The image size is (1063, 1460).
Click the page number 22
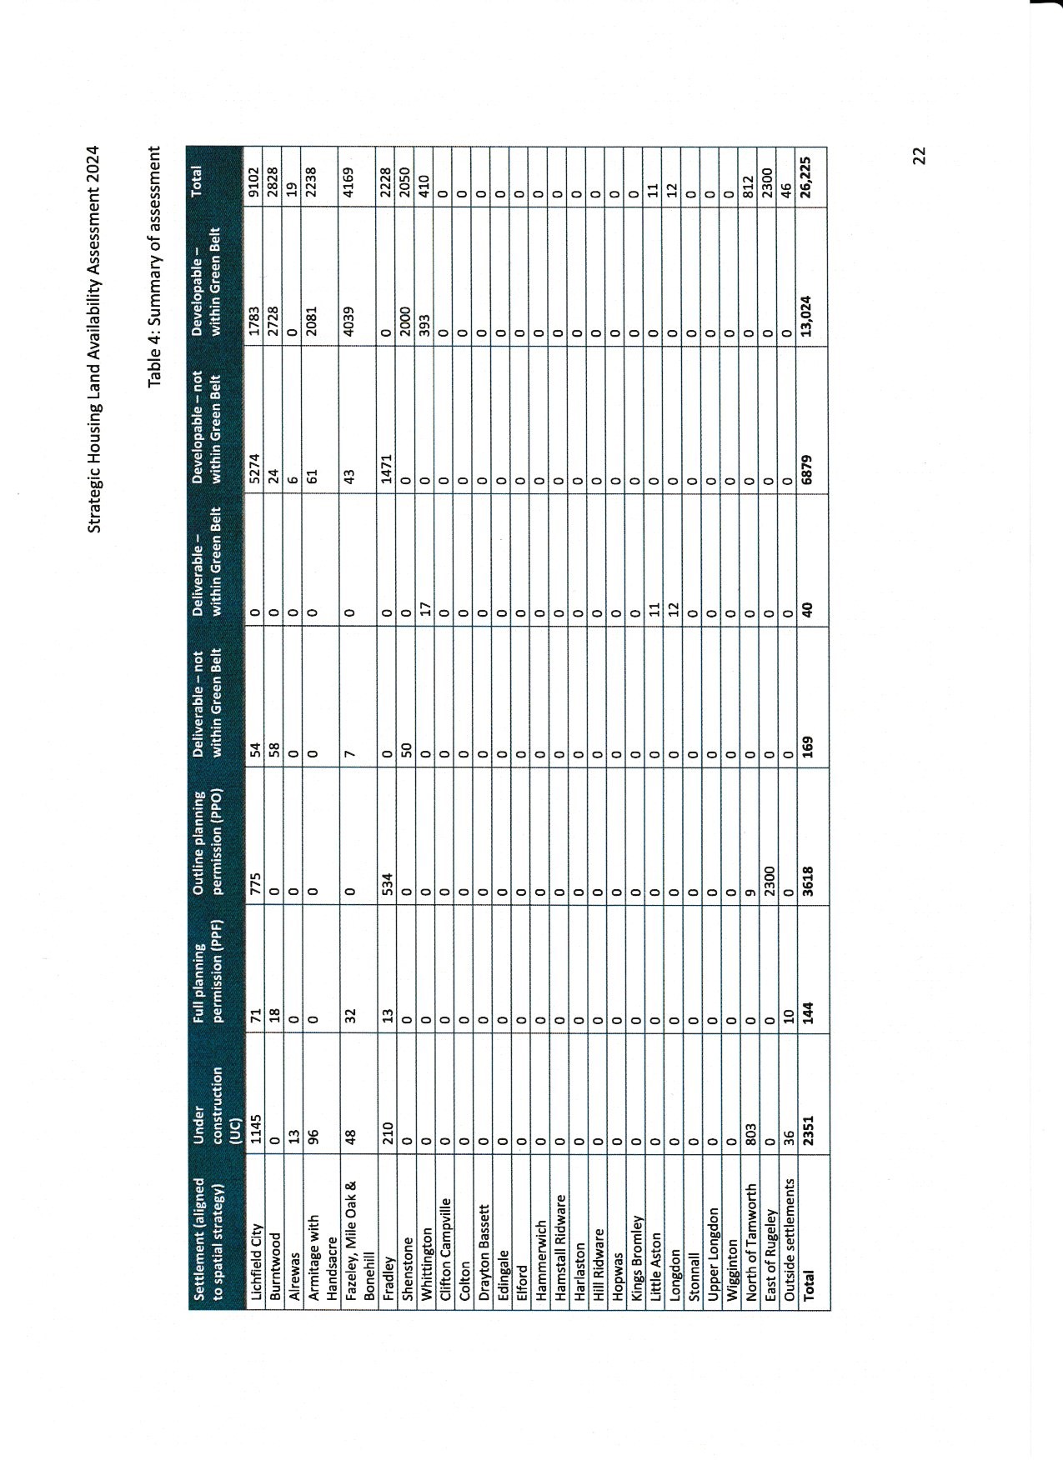click(919, 156)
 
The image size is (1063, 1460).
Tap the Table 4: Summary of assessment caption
click(738, 267)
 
